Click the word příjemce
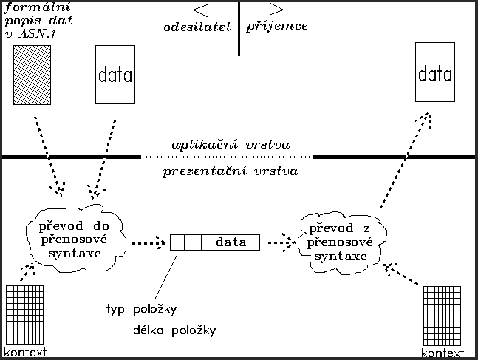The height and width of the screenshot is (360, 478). point(277,26)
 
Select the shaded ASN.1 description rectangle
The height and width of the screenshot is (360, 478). point(32,75)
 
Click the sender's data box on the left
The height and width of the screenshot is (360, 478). point(115,75)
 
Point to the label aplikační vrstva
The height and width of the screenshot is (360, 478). point(230,145)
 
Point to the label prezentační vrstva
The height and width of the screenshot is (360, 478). point(230,171)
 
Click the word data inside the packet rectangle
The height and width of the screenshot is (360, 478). point(231,242)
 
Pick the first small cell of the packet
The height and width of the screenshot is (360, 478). point(177,242)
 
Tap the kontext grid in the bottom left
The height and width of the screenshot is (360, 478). point(25,313)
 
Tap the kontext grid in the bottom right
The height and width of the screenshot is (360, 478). point(443,316)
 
